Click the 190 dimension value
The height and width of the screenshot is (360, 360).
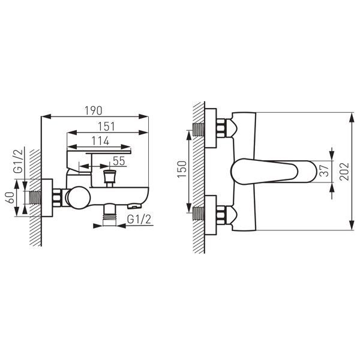(x=94, y=110)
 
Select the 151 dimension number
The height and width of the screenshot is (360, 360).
(x=106, y=127)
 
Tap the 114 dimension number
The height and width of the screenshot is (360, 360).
(x=100, y=141)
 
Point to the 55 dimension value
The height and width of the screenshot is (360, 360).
(x=119, y=161)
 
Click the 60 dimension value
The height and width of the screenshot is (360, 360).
(x=10, y=197)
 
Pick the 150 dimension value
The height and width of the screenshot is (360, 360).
(x=182, y=169)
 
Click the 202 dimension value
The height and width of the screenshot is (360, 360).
(x=344, y=172)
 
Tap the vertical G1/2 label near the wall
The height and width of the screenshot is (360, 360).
(x=19, y=161)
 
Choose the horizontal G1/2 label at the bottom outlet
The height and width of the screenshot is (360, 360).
(x=139, y=219)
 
